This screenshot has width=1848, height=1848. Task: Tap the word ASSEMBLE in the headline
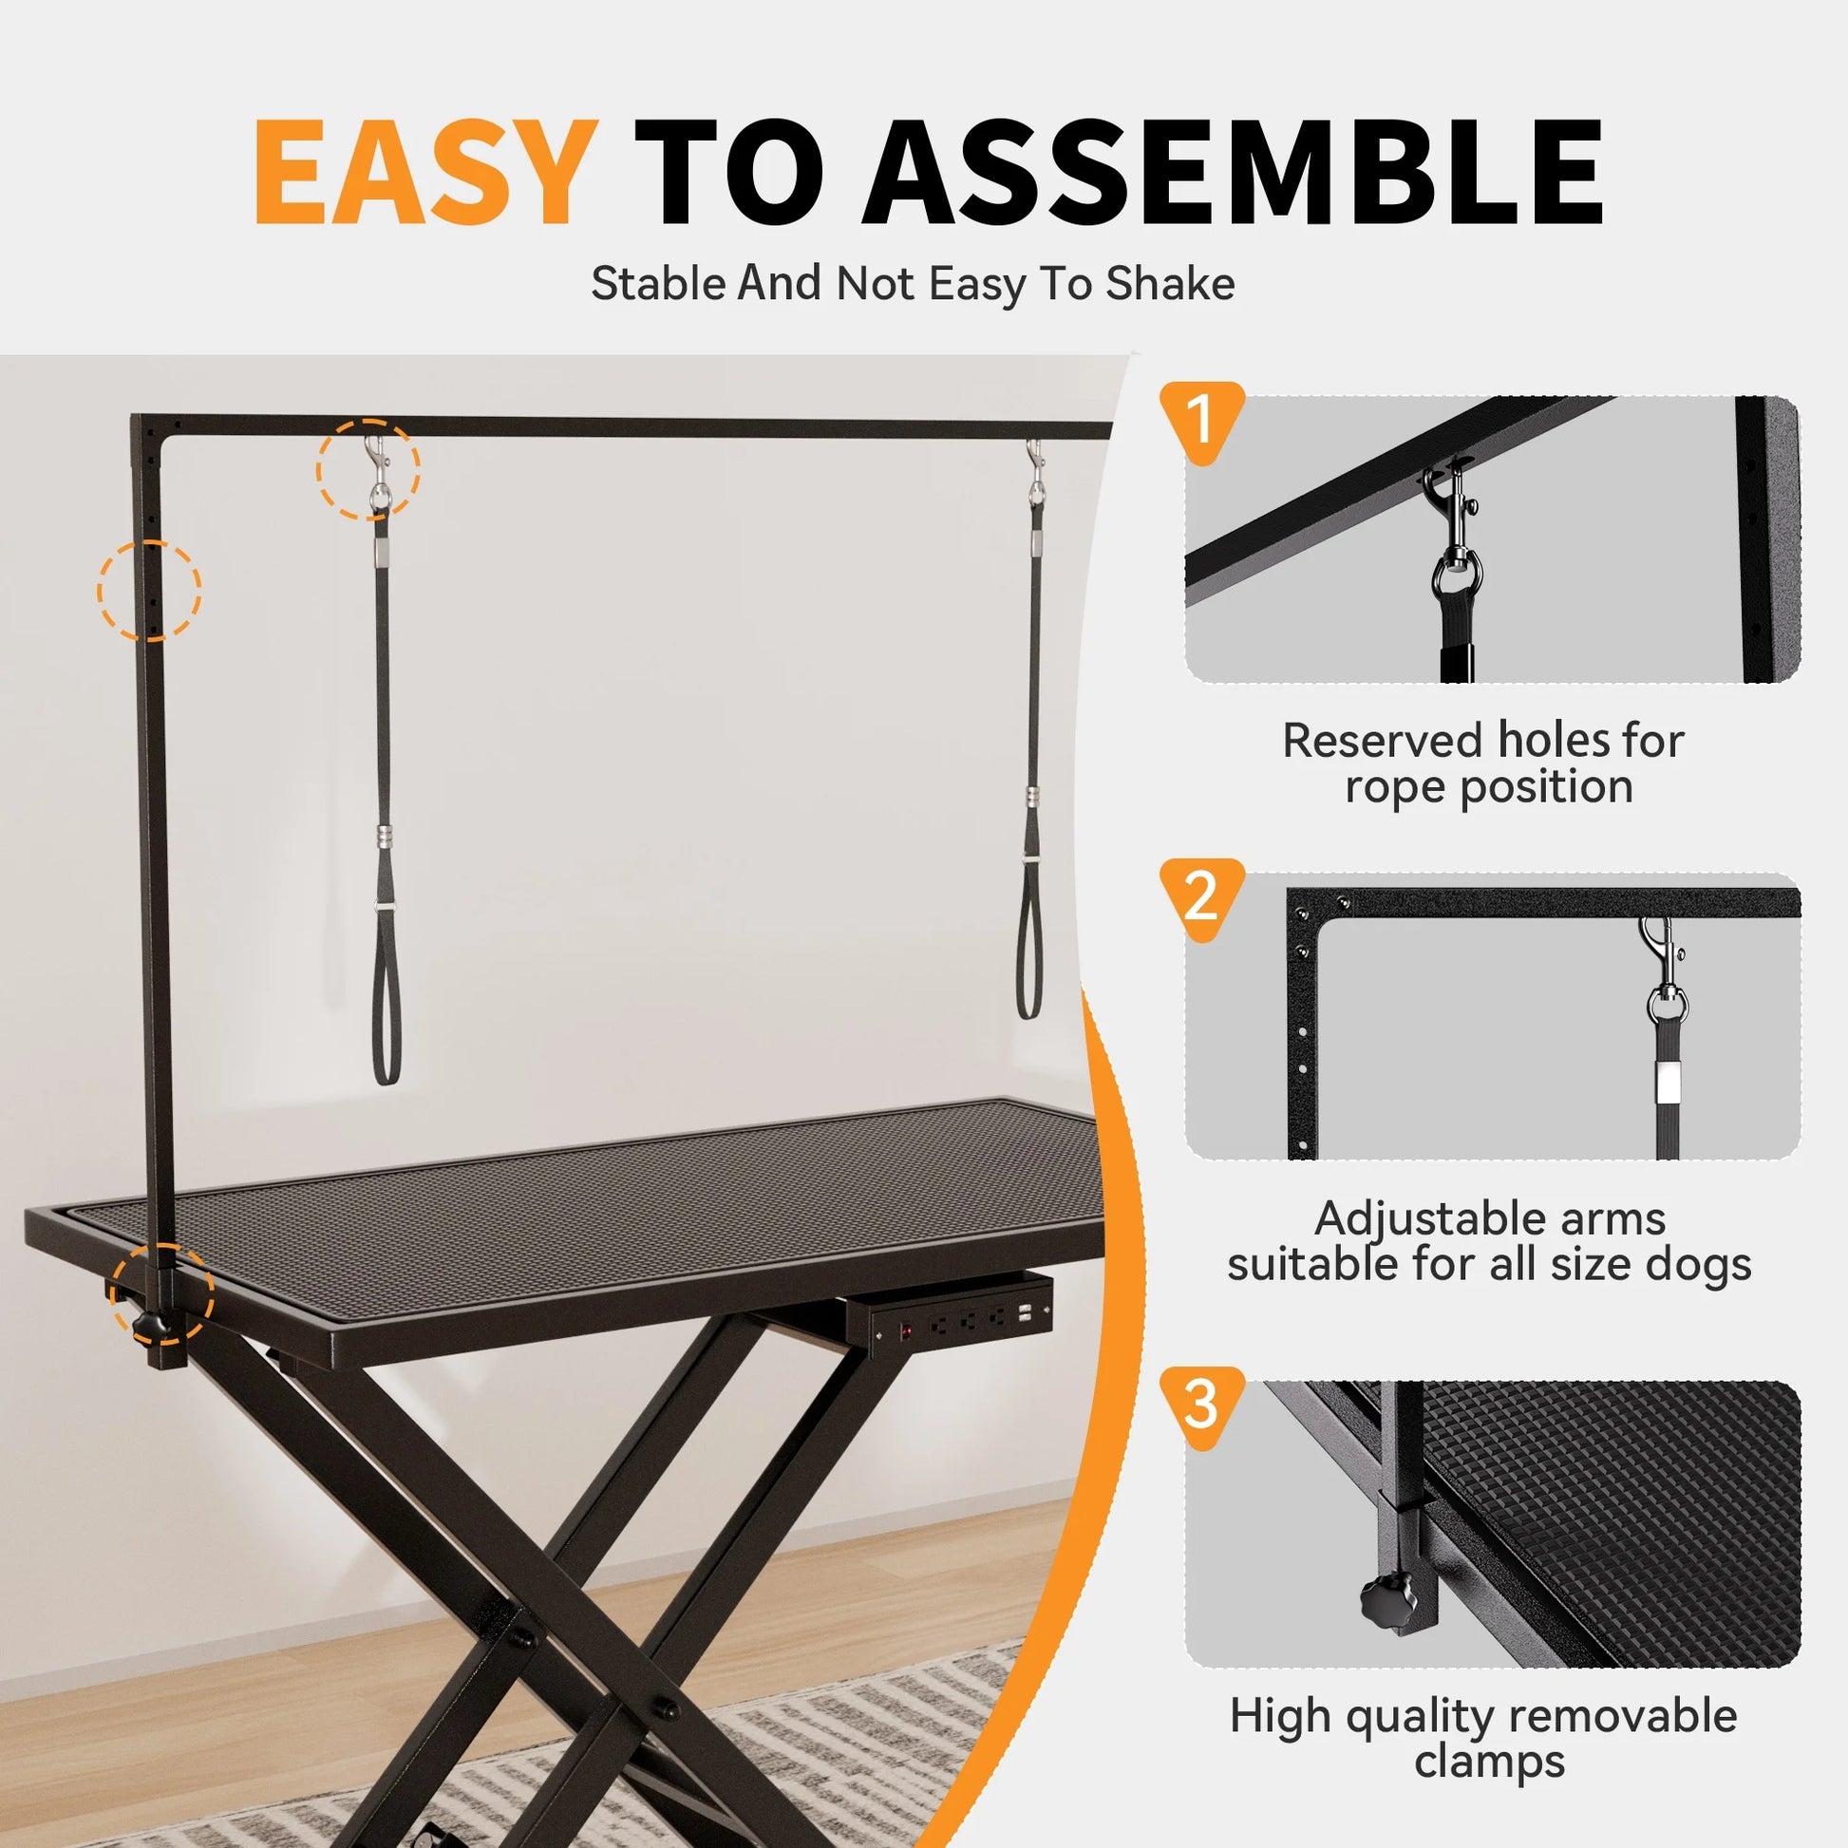(x=1233, y=172)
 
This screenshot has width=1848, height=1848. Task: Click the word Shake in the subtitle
(x=1169, y=284)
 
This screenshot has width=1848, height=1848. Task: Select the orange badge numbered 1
(x=1201, y=419)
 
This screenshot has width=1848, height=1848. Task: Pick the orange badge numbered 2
(x=1201, y=896)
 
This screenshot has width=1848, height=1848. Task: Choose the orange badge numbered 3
(x=1201, y=1404)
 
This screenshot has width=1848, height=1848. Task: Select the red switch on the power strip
(x=905, y=1329)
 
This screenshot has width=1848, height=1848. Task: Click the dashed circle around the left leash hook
(x=368, y=469)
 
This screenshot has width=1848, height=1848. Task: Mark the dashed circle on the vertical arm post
(x=149, y=589)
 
